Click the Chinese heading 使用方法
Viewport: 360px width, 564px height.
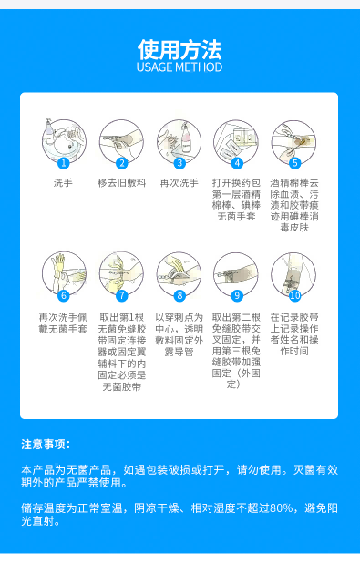point(180,47)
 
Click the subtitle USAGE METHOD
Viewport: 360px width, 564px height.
point(180,67)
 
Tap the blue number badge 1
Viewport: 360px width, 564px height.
point(63,163)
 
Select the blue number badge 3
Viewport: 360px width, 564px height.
point(180,163)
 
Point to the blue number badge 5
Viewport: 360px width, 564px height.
point(294,163)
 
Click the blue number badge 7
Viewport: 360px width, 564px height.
point(121,295)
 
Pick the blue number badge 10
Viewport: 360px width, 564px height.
point(294,295)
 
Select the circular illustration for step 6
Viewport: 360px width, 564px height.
point(63,272)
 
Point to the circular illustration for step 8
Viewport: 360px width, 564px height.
point(179,272)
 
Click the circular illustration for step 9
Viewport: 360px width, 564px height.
point(236,272)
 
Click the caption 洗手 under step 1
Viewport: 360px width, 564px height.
point(63,183)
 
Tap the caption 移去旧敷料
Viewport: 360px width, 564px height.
point(120,183)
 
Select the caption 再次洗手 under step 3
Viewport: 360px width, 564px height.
point(179,183)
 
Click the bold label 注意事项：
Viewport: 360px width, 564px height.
point(46,444)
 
